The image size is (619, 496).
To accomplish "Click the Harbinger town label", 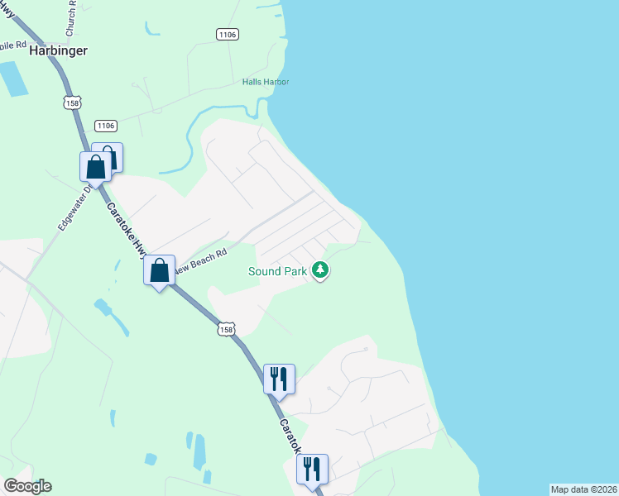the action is click(x=58, y=50).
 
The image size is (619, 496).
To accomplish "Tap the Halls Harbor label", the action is click(x=266, y=82).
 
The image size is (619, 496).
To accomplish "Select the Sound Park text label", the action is click(x=277, y=271).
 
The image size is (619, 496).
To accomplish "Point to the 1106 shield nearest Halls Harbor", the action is click(x=228, y=34).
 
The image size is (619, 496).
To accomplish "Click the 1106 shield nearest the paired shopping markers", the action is click(x=105, y=126).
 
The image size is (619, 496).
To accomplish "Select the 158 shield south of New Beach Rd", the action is click(x=227, y=329).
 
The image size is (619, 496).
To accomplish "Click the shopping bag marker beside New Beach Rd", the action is click(x=159, y=270).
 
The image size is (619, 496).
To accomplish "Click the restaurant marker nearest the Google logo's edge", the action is click(x=313, y=470).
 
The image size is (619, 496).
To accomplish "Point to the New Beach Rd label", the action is click(x=200, y=261).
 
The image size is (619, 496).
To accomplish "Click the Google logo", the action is click(x=27, y=486).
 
